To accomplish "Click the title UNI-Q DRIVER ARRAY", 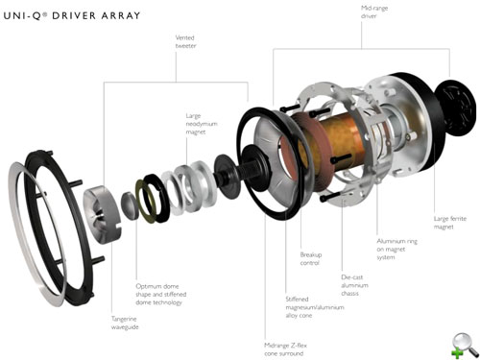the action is coord(72,15).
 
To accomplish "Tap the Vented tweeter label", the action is coord(185,41).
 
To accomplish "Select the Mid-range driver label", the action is coord(374,12).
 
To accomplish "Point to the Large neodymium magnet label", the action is coord(202,124).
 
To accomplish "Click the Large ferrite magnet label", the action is coord(450,223).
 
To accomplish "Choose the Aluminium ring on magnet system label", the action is coord(396,249).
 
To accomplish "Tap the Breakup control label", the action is coord(311,259).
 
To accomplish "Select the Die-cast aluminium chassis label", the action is coord(354,285).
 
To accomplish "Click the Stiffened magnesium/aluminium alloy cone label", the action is coord(315,307).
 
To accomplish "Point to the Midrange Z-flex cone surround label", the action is coord(285,349).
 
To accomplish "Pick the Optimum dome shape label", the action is coord(161,294).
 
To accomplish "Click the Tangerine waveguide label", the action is coord(125,323).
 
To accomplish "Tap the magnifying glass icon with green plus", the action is coord(466,345).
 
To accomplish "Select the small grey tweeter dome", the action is coord(130,205).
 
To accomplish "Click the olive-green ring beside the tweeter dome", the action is coord(146,201).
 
